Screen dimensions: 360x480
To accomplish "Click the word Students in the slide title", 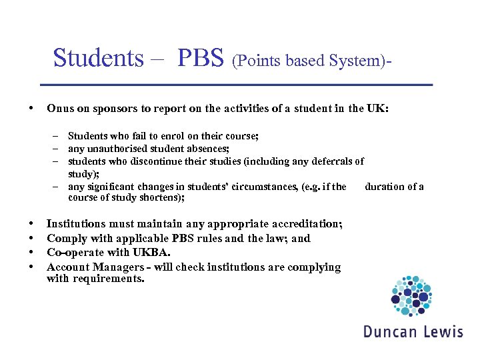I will click(98, 58).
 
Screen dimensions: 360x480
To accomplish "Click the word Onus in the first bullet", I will click(60, 109).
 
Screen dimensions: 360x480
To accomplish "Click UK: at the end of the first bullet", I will click(377, 109).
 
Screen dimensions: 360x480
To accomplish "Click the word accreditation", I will click(306, 224).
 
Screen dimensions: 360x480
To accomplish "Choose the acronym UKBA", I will click(153, 253).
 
